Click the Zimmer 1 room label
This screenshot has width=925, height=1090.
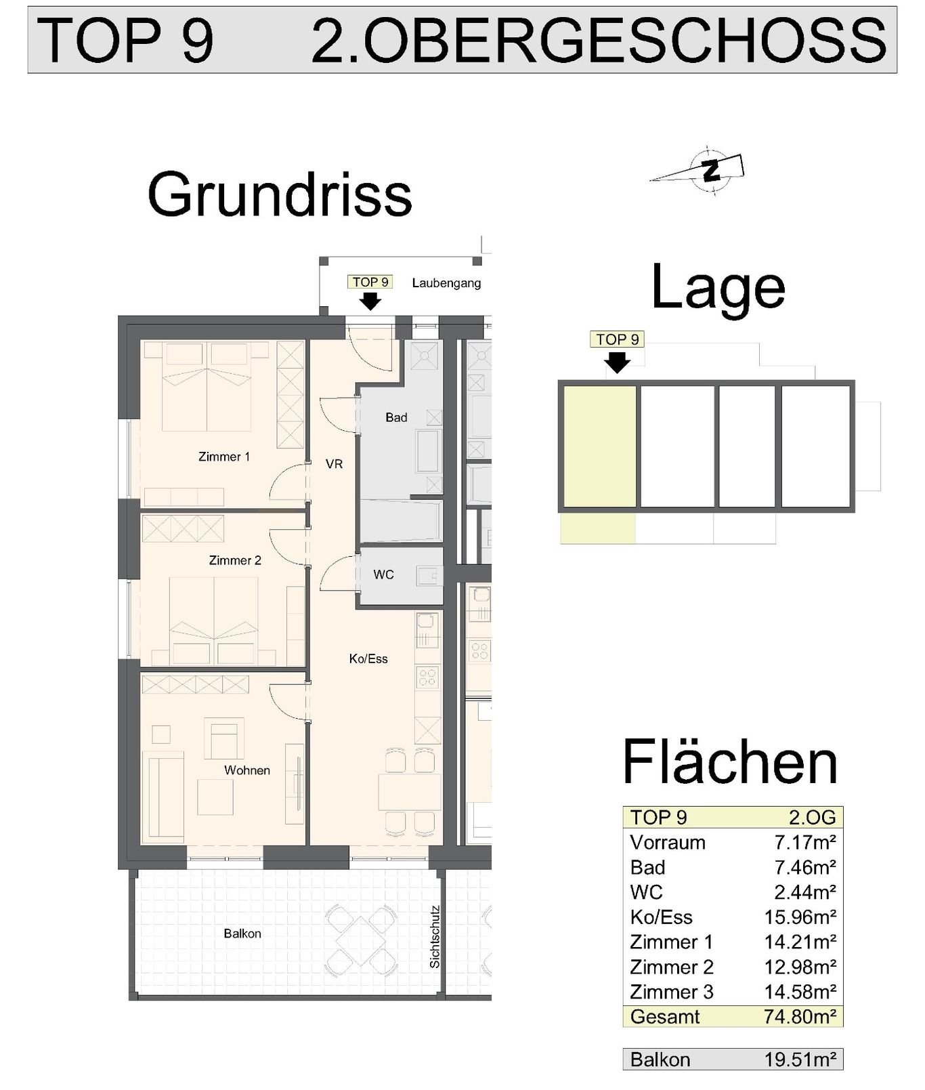pos(224,457)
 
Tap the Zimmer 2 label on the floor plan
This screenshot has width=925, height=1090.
pos(235,560)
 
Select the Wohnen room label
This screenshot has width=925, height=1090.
pos(247,770)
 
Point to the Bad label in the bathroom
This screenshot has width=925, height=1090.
pos(396,417)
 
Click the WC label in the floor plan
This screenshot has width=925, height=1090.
pos(383,574)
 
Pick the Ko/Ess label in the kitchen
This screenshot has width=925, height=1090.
pos(368,658)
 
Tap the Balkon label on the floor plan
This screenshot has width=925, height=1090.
pos(242,934)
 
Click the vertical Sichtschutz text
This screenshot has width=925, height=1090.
pos(435,937)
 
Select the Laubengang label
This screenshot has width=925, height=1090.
pos(446,283)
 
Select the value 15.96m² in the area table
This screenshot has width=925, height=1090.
pos(800,917)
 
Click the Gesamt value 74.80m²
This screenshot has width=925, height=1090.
pos(800,1017)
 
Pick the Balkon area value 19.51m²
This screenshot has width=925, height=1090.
pos(800,1060)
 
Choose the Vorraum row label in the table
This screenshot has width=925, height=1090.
pos(668,843)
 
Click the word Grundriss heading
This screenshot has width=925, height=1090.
pos(280,194)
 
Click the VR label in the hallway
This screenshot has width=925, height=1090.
pos(334,464)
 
